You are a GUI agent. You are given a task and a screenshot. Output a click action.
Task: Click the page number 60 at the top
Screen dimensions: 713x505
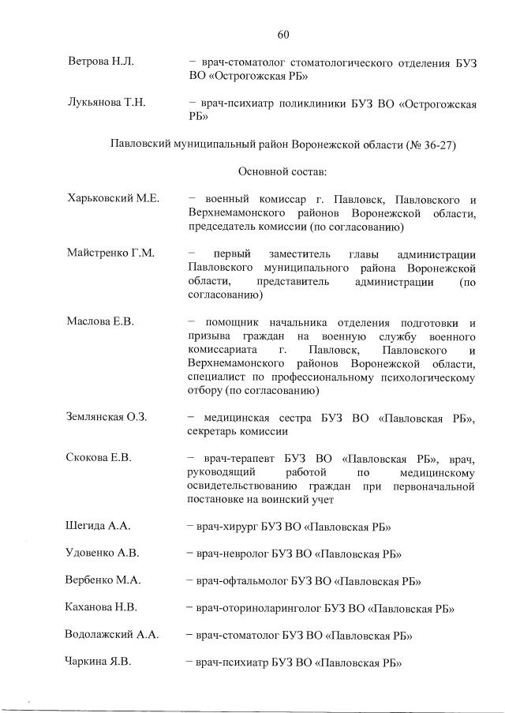[284, 34]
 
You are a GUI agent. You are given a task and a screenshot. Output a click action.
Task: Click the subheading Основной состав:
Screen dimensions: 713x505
[283, 171]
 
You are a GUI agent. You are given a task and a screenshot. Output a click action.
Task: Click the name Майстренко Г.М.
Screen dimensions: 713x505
[110, 253]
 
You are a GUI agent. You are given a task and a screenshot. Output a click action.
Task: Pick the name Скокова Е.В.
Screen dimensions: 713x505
[99, 457]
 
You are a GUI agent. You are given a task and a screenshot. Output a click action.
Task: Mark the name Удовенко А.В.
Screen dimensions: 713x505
[102, 553]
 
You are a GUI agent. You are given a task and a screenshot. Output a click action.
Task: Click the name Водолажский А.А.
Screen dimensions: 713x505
[111, 634]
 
